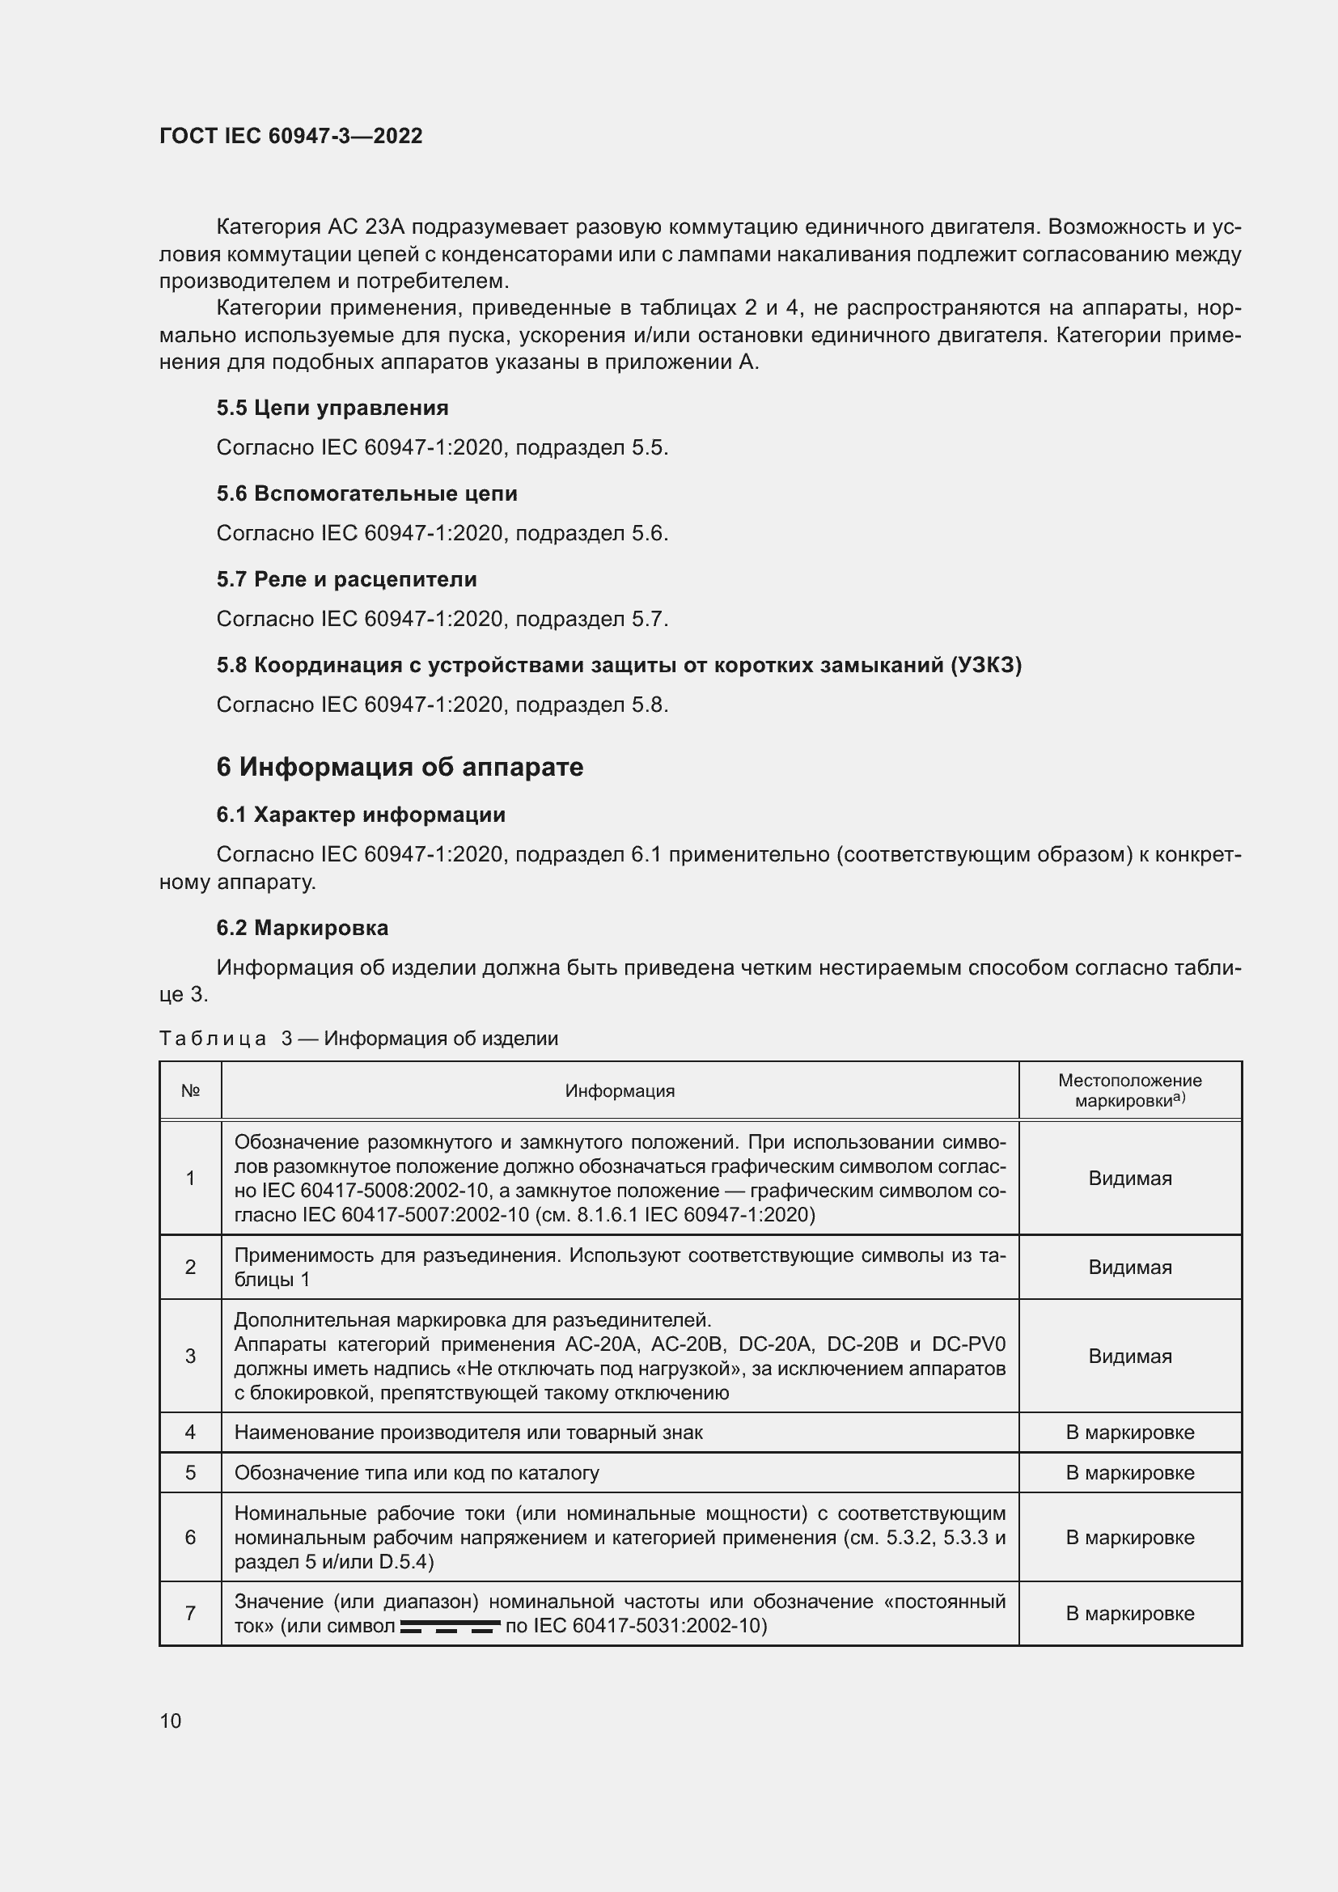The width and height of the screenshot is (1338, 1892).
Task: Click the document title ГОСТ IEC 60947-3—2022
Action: (x=291, y=136)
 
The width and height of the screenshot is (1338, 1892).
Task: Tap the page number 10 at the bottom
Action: (x=171, y=1721)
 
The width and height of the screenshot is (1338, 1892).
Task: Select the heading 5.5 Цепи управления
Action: (x=332, y=408)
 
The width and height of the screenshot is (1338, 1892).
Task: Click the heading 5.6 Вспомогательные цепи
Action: (x=366, y=493)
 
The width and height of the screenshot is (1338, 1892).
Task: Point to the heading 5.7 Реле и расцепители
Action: (x=346, y=579)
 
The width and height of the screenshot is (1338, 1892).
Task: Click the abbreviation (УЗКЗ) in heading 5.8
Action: (x=985, y=665)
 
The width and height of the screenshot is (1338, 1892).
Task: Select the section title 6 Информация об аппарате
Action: (x=400, y=767)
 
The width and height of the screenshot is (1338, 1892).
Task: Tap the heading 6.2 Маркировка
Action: (x=303, y=928)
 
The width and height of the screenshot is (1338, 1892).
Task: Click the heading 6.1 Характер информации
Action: (x=361, y=815)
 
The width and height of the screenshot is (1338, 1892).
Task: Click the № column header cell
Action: (x=190, y=1091)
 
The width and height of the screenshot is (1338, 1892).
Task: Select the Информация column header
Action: (x=620, y=1091)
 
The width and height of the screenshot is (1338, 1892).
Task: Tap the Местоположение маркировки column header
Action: (x=1129, y=1090)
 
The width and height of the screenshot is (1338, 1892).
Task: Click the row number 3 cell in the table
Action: (x=190, y=1356)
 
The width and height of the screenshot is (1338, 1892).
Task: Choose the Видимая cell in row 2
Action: (x=1129, y=1267)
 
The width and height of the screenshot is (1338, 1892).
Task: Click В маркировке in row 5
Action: (x=1129, y=1472)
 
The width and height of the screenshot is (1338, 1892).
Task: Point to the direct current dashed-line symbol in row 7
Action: (x=450, y=1627)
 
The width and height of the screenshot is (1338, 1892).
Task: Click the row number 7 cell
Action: (x=190, y=1614)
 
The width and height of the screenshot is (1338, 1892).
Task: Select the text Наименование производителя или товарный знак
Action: (x=468, y=1433)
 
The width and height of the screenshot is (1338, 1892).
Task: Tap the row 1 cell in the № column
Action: (x=190, y=1179)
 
